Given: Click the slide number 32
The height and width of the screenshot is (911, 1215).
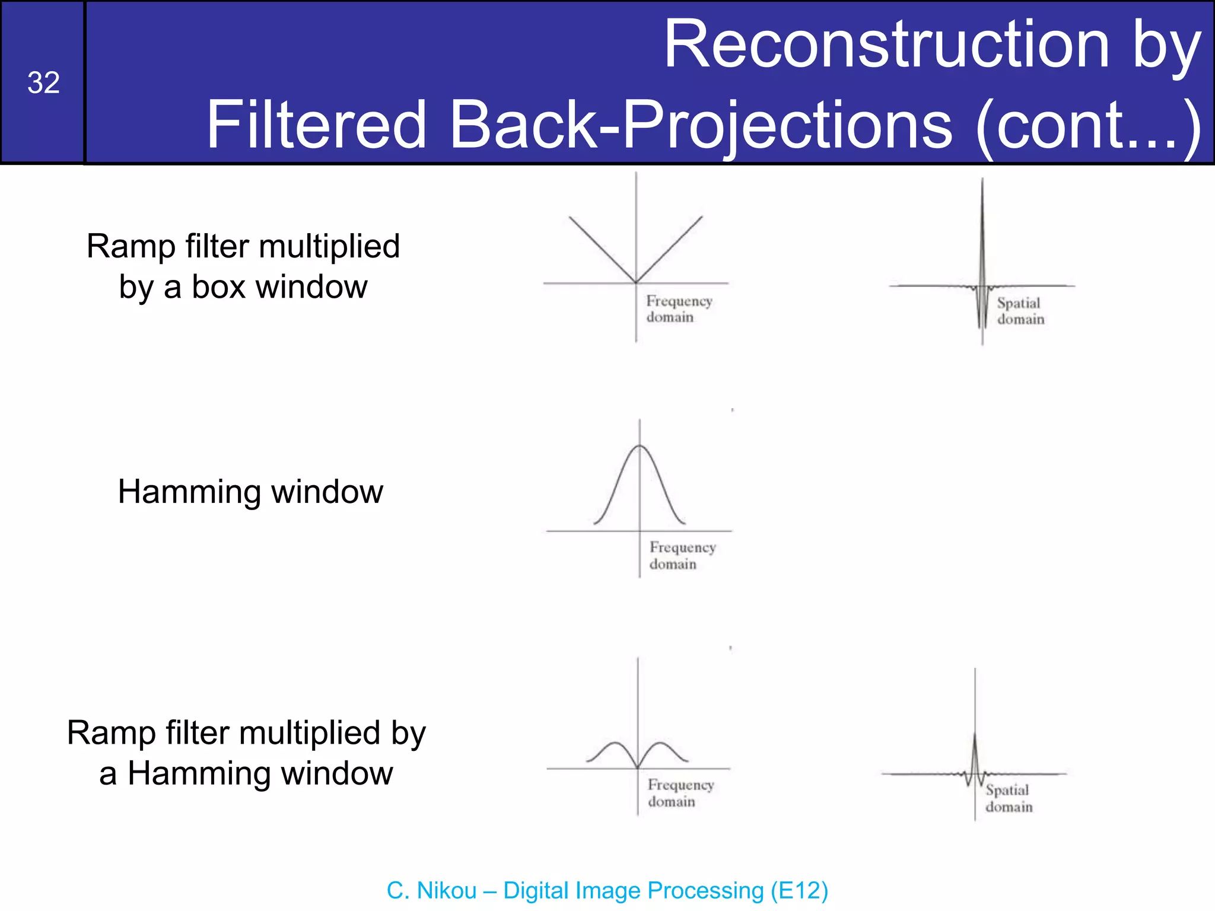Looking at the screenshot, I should click(x=43, y=82).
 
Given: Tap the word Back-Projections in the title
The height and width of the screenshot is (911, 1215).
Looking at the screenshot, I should click(x=701, y=125).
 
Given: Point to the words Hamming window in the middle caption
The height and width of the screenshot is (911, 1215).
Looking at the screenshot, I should click(x=250, y=492).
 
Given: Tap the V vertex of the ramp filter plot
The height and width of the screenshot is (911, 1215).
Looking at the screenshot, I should click(x=636, y=282).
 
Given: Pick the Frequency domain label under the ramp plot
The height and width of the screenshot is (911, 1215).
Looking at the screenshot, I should click(x=678, y=309).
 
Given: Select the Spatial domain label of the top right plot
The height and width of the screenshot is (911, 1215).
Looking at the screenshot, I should click(x=1020, y=311).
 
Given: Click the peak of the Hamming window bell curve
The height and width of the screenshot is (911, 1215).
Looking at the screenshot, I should click(x=640, y=446).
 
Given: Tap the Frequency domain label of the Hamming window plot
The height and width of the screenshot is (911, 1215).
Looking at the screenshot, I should click(x=682, y=556).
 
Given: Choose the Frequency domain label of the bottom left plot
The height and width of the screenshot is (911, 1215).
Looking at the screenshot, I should click(x=680, y=793).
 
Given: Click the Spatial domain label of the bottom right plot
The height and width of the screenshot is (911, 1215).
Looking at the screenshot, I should click(x=1009, y=798).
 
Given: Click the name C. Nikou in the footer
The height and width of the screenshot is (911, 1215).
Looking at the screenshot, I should click(x=431, y=891).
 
